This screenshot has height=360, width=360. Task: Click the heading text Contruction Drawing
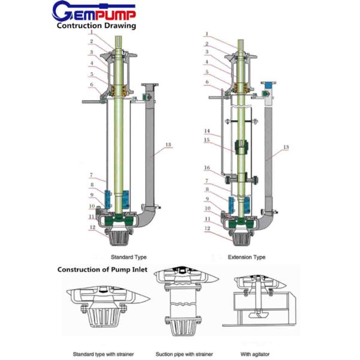[96, 26]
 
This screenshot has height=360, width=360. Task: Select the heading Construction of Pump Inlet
[101, 269]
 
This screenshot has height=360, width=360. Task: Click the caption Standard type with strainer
[104, 352]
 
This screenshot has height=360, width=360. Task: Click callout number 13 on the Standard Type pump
[168, 145]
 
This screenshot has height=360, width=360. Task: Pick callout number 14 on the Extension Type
[206, 130]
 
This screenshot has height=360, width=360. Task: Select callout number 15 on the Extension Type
[206, 141]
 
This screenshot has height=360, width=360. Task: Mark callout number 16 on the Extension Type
[206, 168]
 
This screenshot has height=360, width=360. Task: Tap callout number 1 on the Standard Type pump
[91, 34]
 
